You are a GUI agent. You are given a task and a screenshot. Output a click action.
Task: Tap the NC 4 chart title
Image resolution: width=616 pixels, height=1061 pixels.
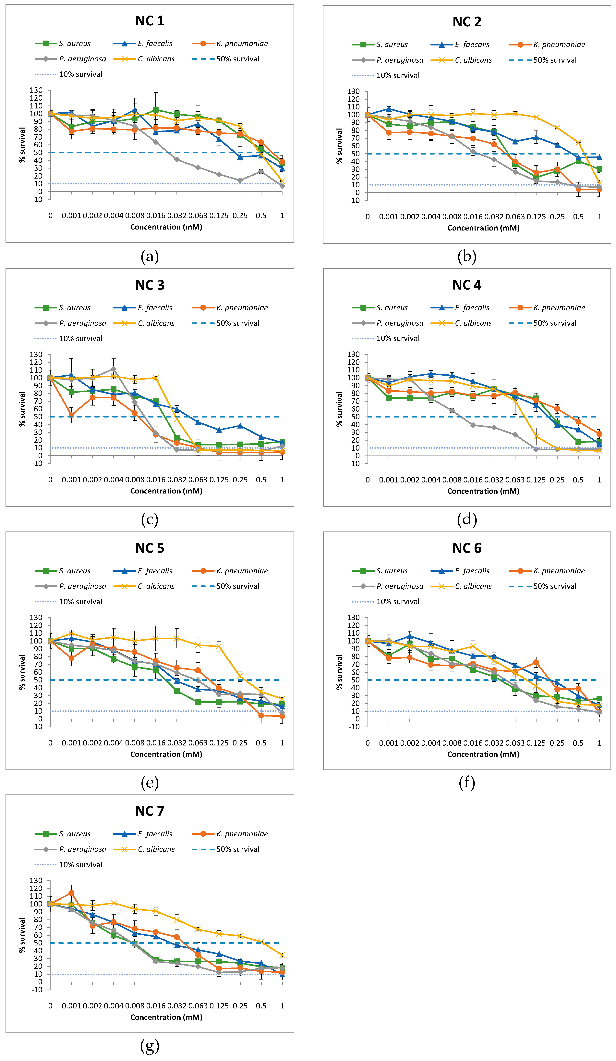(x=467, y=285)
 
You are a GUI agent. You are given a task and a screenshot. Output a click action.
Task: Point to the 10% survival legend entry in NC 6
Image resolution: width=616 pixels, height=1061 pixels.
(x=386, y=602)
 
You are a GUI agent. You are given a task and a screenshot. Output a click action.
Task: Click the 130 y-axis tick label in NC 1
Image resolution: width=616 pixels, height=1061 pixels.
(x=36, y=90)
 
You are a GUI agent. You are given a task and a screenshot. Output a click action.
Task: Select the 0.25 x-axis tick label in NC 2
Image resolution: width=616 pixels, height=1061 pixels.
(x=557, y=217)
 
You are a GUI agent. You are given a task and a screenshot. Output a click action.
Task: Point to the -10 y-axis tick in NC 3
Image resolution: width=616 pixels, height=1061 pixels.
(x=36, y=464)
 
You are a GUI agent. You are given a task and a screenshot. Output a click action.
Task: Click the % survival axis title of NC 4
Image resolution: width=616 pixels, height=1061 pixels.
(x=339, y=409)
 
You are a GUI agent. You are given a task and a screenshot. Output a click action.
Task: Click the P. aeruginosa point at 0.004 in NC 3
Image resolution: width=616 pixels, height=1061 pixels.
(x=114, y=369)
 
